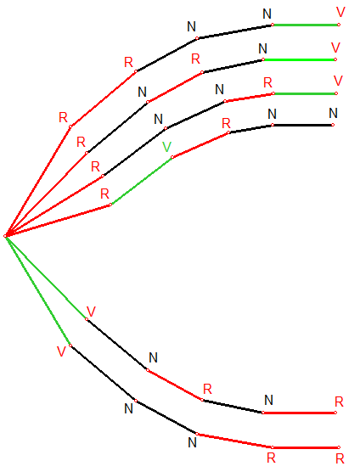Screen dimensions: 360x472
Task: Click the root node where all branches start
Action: (x=5, y=236)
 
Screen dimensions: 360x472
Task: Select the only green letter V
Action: (x=166, y=147)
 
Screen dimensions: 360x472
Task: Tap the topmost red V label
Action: (x=340, y=12)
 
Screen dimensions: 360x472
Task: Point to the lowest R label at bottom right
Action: (x=340, y=458)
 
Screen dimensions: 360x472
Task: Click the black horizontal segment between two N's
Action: (x=302, y=125)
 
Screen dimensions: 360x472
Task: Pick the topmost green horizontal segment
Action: (x=306, y=25)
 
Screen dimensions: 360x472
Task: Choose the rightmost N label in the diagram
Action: (x=333, y=113)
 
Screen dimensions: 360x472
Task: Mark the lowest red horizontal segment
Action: (x=306, y=447)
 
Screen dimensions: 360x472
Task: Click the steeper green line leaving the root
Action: (x=38, y=291)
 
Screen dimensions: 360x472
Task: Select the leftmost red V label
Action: (x=61, y=351)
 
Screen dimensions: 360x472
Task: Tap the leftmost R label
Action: (x=63, y=117)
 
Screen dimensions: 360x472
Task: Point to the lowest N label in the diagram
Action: (x=192, y=442)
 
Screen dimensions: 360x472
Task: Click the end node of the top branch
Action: (x=339, y=25)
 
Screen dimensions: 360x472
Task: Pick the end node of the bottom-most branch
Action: (x=339, y=447)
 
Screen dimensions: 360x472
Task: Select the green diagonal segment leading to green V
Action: (x=142, y=181)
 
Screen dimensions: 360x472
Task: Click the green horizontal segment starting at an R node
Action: (x=305, y=93)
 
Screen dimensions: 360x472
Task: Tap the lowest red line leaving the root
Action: (x=58, y=221)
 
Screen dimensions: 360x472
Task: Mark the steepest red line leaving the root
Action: (x=38, y=182)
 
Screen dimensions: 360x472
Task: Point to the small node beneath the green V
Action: (x=172, y=157)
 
